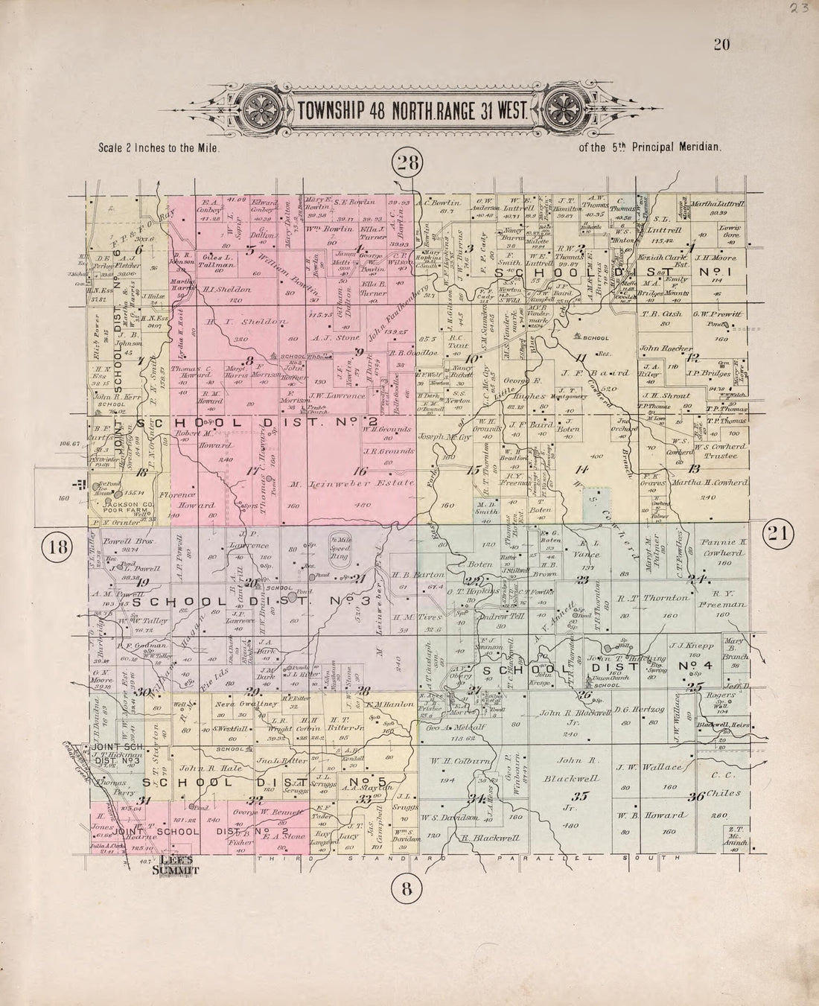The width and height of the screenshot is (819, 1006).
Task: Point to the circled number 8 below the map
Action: click(407, 888)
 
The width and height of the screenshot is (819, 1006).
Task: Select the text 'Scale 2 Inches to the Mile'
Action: click(160, 148)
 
